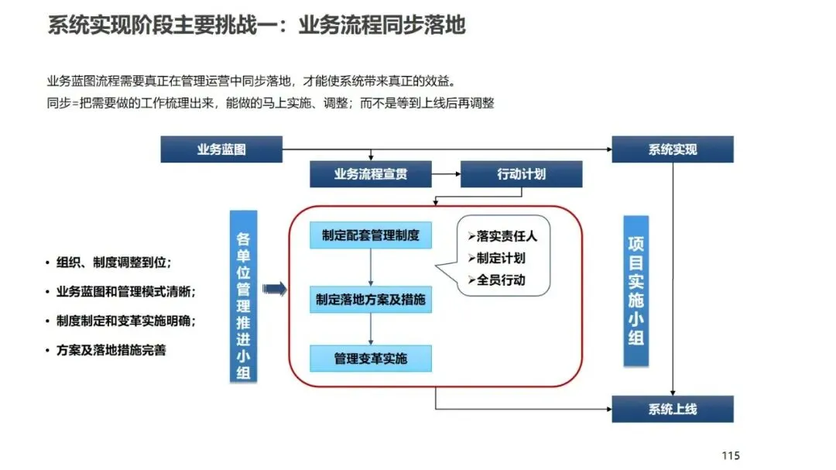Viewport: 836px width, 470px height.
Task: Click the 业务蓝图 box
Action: pos(221,149)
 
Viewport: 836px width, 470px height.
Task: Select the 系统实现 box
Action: pos(672,149)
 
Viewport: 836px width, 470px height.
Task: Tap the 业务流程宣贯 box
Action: pos(370,174)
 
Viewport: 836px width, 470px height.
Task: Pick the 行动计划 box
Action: pos(521,174)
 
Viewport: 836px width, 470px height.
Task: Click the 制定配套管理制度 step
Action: pos(371,235)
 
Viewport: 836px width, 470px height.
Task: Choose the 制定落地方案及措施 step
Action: pos(371,299)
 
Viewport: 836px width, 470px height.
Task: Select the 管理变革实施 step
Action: pos(371,359)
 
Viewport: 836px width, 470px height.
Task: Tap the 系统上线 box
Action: pos(672,408)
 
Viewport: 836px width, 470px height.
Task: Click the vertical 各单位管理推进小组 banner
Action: pos(243,297)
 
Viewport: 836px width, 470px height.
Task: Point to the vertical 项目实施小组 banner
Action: pos(636,290)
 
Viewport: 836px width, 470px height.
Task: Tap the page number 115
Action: pos(730,455)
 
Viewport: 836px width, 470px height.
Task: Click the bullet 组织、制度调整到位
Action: pos(113,262)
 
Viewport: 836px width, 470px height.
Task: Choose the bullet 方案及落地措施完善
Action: pos(111,349)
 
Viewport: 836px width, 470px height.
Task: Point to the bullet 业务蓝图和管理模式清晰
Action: pos(125,291)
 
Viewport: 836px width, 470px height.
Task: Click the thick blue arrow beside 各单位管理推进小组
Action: pos(275,290)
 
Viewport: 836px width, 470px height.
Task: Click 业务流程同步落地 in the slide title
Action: pos(382,26)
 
